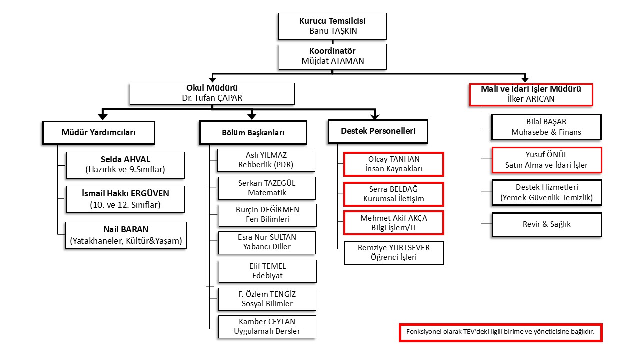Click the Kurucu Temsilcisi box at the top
click(332, 26)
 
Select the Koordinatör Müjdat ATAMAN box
click(332, 56)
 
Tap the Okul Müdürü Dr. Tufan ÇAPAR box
click(212, 93)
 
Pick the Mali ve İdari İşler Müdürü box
click(531, 94)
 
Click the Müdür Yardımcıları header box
click(98, 133)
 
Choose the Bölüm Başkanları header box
click(253, 133)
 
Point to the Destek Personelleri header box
click(378, 132)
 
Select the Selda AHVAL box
click(125, 165)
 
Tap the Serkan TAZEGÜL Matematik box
click(267, 188)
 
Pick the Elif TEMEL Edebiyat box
click(267, 271)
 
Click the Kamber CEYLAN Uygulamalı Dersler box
click(267, 326)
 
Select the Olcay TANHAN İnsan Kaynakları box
click(394, 164)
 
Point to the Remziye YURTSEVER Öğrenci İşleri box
click(394, 253)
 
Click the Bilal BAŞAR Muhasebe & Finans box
click(546, 127)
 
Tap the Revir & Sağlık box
click(546, 224)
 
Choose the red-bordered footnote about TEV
click(500, 333)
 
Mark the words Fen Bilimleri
click(268, 219)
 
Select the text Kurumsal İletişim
click(394, 199)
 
